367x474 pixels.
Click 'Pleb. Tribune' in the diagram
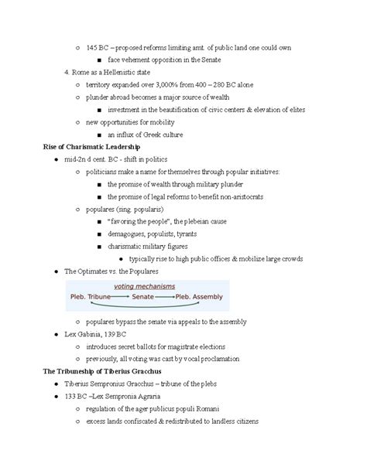tap(90, 296)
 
